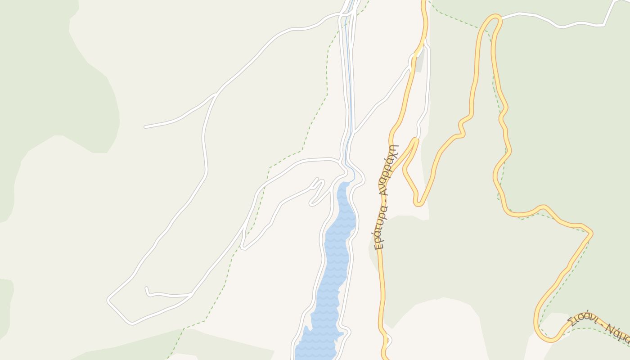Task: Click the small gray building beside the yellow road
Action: (419, 63)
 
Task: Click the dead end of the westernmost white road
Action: (145, 127)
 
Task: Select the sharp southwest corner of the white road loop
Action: (109, 299)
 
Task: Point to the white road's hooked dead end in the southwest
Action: (146, 288)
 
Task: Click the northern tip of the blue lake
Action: (346, 184)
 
